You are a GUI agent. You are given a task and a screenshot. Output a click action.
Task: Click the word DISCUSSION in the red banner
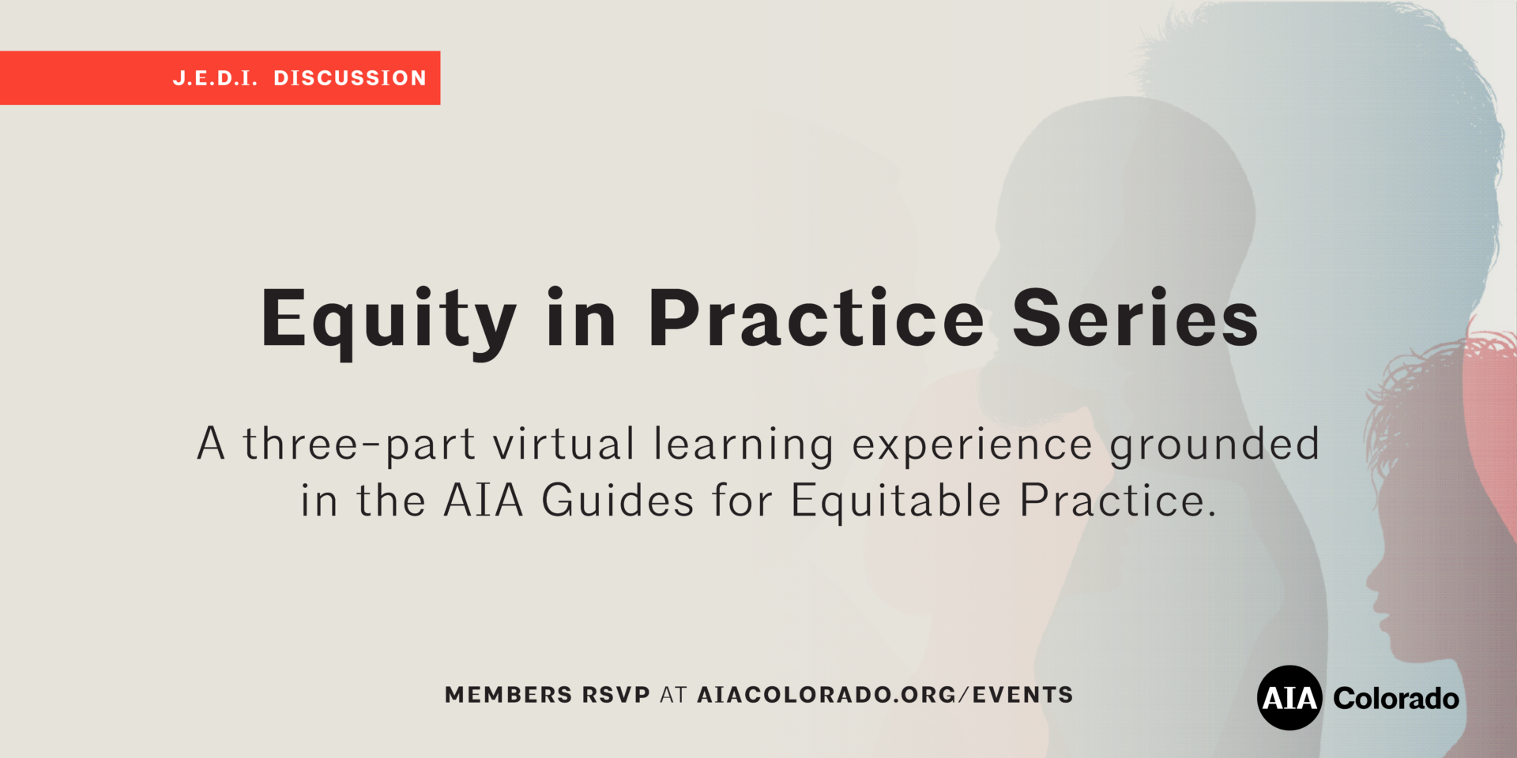click(350, 78)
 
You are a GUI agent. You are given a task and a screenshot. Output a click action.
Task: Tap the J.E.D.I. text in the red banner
click(216, 78)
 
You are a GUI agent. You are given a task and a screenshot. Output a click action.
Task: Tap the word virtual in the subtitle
click(564, 444)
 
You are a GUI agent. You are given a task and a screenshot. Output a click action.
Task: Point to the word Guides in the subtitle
click(618, 501)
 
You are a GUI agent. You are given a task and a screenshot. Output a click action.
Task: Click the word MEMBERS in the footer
click(508, 695)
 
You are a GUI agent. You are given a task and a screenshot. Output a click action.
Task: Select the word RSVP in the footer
click(615, 695)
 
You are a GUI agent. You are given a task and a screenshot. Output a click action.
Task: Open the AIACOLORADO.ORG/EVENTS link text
click(885, 695)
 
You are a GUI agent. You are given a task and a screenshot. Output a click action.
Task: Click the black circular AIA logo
click(1289, 698)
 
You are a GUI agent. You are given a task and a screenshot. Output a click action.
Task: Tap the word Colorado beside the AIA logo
click(1396, 699)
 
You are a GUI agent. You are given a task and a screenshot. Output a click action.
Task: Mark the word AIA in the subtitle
click(484, 501)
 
